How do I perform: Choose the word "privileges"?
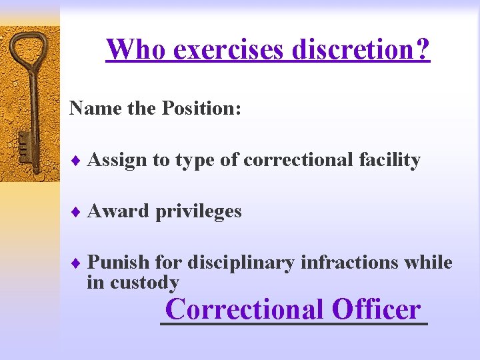(x=199, y=212)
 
